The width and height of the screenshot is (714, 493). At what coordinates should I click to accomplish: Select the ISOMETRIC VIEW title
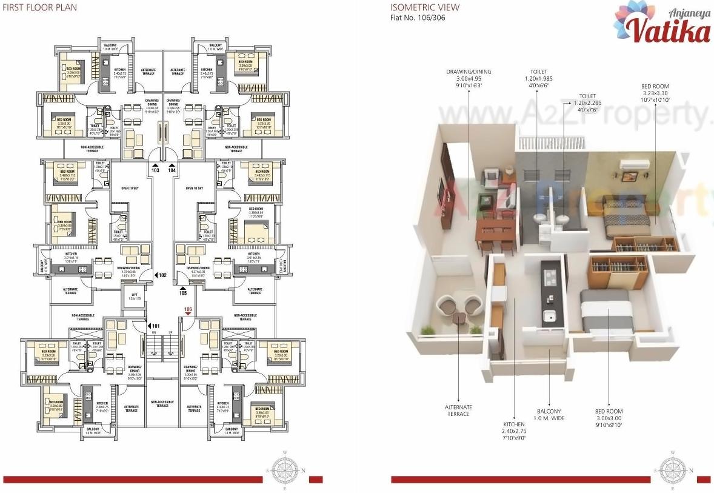pos(424,8)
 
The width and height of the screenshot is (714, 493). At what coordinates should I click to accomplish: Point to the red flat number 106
pos(188,310)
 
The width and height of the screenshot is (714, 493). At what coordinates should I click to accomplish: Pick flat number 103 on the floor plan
pos(155,171)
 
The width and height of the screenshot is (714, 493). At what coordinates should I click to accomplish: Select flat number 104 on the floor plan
pos(172,171)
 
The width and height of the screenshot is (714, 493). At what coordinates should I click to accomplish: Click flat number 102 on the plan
pos(162,275)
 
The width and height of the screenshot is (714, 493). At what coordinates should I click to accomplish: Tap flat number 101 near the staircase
pos(156,326)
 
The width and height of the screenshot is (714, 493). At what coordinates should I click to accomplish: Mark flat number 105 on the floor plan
pos(183,293)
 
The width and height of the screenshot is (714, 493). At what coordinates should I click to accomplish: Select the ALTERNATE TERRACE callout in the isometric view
pos(458,411)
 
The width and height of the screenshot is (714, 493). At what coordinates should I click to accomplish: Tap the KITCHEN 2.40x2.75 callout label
pos(514,431)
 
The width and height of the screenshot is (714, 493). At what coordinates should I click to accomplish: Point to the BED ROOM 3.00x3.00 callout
pos(609,418)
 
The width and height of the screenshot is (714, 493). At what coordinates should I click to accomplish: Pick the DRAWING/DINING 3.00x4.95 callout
pos(469,78)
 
